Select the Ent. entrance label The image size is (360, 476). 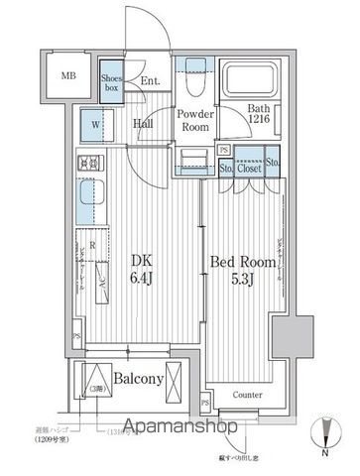point(150,82)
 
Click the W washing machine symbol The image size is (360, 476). point(95,127)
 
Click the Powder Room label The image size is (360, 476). point(194,120)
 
